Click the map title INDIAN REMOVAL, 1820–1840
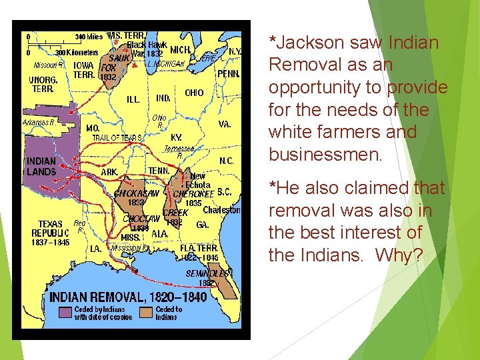[129, 297]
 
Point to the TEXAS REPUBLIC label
[50, 229]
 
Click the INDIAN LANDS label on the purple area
[41, 167]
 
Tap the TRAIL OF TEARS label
[117, 138]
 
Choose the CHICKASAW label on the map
[137, 193]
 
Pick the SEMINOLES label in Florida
[208, 273]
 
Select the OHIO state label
[194, 93]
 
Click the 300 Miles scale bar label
[89, 37]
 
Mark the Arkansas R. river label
[40, 123]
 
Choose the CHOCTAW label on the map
[141, 219]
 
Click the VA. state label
[225, 124]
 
